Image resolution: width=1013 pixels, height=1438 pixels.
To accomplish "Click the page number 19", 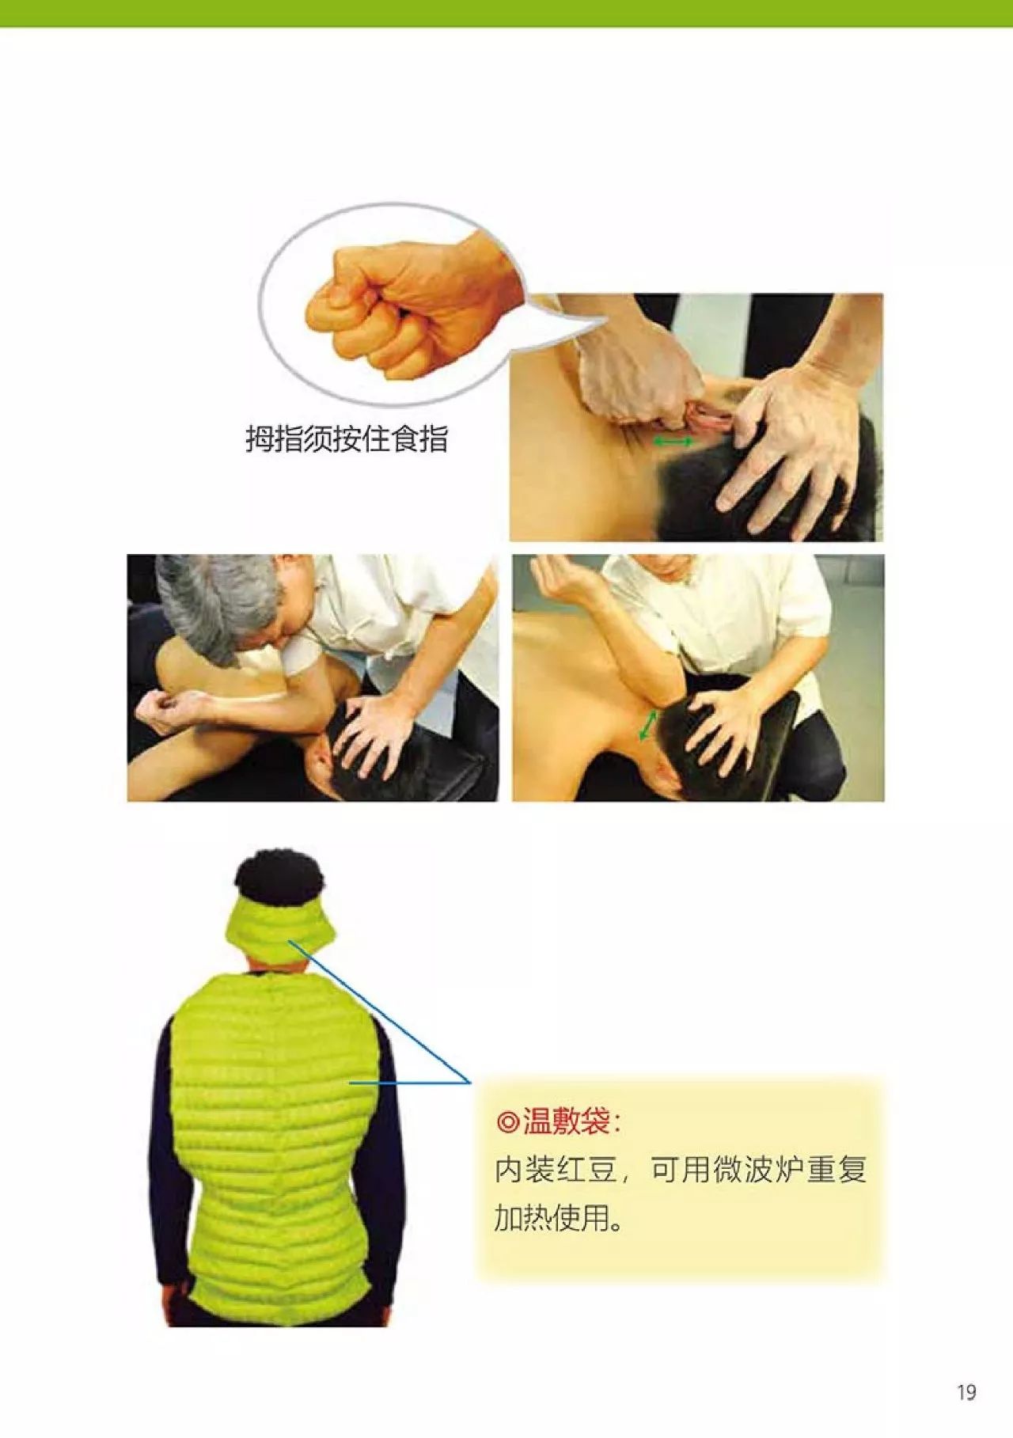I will click(x=966, y=1392).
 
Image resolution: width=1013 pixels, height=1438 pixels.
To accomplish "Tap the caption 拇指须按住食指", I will click(x=347, y=438).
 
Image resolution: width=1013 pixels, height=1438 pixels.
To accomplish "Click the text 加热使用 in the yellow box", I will click(x=552, y=1218).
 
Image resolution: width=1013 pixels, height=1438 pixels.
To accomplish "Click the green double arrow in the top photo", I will click(x=673, y=441).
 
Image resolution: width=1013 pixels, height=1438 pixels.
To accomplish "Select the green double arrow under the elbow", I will click(x=648, y=724).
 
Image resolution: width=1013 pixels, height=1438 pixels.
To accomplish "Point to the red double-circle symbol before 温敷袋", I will click(x=507, y=1121).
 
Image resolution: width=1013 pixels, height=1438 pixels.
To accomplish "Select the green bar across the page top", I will click(x=506, y=13).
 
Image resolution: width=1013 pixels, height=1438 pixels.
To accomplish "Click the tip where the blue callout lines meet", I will click(x=470, y=1082).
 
